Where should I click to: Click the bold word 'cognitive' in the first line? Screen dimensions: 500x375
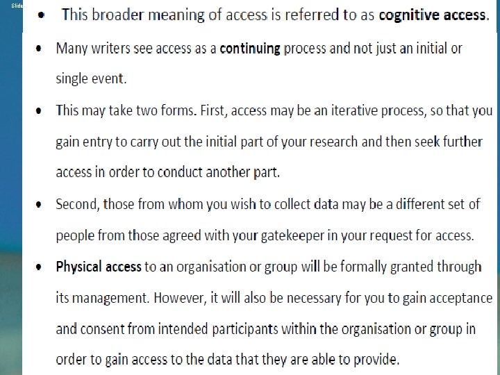tap(409, 15)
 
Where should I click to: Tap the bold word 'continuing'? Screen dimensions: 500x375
tap(249, 49)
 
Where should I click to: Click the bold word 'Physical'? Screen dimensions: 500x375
tap(78, 267)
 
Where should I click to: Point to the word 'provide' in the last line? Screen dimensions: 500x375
tap(376, 360)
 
